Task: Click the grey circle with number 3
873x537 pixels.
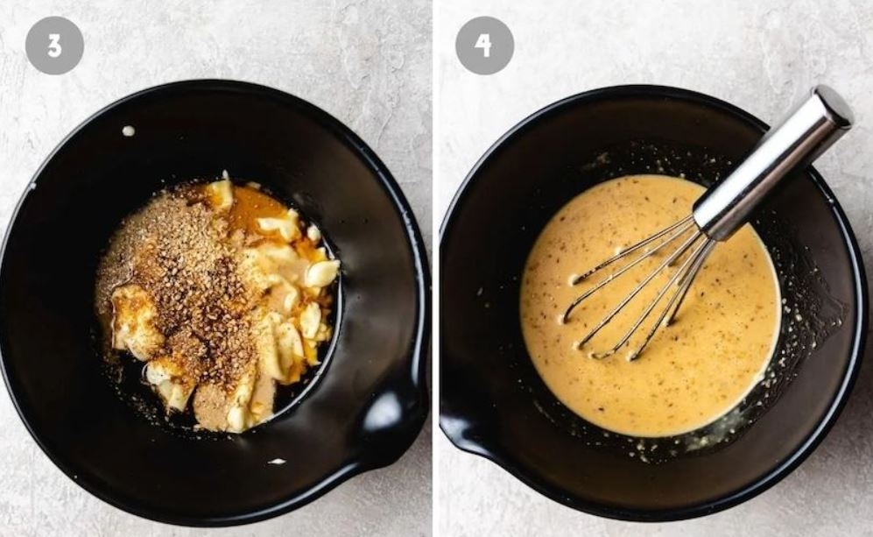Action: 54,46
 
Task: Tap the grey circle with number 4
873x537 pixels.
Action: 484,46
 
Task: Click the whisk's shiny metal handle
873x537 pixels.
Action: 775,160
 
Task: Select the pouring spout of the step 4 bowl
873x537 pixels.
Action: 462,429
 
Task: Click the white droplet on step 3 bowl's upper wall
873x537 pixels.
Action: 129,131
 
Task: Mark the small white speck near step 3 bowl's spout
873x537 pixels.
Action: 276,462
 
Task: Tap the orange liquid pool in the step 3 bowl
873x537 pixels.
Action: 262,206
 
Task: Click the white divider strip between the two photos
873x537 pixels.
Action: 436,268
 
